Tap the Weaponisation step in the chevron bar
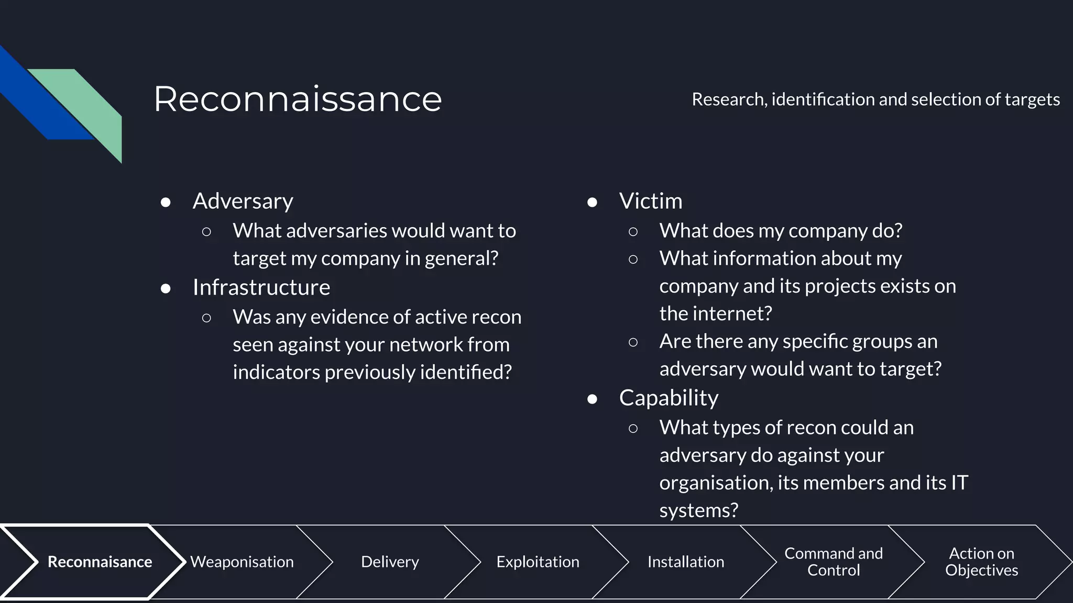pyautogui.click(x=242, y=562)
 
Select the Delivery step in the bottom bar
pyautogui.click(x=390, y=562)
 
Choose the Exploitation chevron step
pyautogui.click(x=538, y=562)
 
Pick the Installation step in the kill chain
pyautogui.click(x=685, y=562)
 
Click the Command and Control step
pyautogui.click(x=833, y=562)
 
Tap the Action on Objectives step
pyautogui.click(x=981, y=562)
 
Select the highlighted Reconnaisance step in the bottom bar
pyautogui.click(x=100, y=562)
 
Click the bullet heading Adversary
pyautogui.click(x=243, y=201)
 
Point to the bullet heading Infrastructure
pyautogui.click(x=261, y=287)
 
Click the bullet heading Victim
pyautogui.click(x=650, y=201)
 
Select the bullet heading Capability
pyautogui.click(x=669, y=398)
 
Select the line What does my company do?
pyautogui.click(x=781, y=231)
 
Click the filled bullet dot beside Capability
pyautogui.click(x=592, y=399)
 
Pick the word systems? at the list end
pyautogui.click(x=698, y=510)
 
